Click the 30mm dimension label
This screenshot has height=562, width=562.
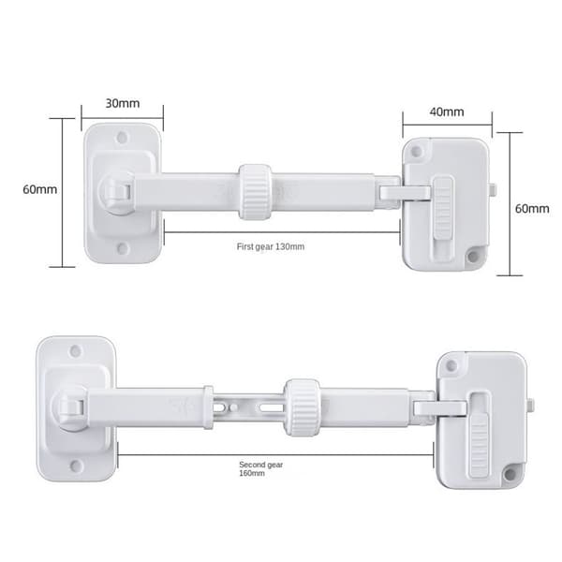123,103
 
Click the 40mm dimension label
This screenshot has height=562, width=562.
447,111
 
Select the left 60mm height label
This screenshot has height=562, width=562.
39,189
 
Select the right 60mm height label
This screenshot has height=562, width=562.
532,209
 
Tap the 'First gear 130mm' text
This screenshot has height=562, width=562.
271,246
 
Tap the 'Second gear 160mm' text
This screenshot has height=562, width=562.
261,469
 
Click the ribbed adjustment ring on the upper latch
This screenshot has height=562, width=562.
255,192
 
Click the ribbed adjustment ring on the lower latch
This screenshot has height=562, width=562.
302,407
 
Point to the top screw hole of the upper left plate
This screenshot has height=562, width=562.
122,137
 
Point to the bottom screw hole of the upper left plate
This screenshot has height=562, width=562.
123,248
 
